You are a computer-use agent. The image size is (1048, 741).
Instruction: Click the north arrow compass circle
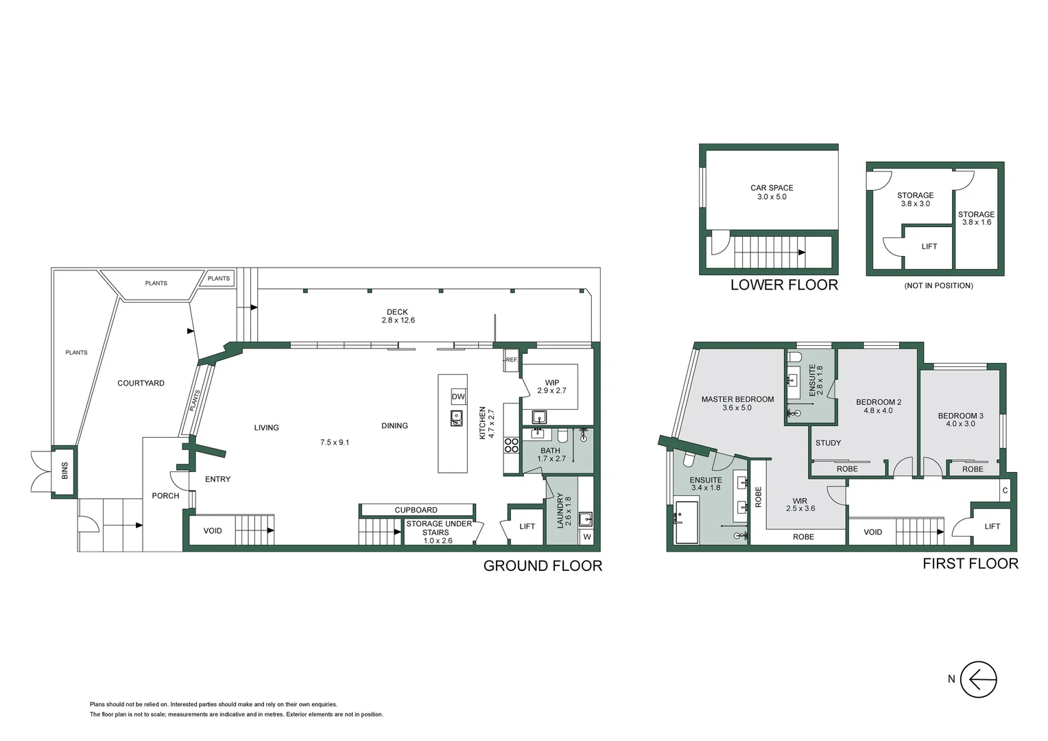tap(978, 679)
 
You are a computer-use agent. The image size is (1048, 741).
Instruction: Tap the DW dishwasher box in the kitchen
tap(458, 397)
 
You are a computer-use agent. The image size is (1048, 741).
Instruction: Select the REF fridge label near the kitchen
tap(511, 360)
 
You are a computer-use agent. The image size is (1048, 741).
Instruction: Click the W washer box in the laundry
tap(586, 537)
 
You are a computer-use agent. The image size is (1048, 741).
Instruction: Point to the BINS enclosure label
tap(65, 470)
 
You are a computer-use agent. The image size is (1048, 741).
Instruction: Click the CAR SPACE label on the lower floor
tap(772, 187)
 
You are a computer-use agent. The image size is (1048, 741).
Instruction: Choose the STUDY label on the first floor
tap(828, 443)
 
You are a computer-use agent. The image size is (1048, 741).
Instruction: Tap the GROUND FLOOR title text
tap(543, 566)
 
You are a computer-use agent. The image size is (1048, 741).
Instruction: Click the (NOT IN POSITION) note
tap(938, 285)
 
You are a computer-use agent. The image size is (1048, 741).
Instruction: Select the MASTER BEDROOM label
tap(737, 399)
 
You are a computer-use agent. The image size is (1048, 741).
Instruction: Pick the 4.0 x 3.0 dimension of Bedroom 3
tap(960, 424)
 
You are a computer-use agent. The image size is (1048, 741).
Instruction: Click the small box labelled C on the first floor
tap(1005, 491)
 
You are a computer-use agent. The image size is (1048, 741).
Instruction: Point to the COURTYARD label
tap(141, 383)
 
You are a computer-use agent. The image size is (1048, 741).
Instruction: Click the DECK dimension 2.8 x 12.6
tap(398, 320)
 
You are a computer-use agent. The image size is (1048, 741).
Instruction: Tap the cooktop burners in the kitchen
tap(511, 445)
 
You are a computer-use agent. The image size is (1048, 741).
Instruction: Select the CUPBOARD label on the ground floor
tap(416, 510)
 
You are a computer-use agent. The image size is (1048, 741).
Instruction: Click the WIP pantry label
tap(552, 382)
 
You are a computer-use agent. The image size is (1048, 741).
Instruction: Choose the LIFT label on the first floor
tap(992, 526)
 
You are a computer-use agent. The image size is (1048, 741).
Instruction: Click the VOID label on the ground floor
tap(213, 530)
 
